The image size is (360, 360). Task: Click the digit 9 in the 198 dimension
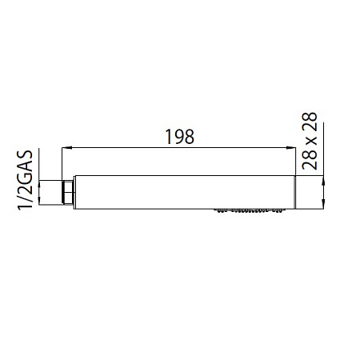point(179,137)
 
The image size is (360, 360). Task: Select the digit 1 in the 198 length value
point(169,137)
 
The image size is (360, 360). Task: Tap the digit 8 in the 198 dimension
point(190,137)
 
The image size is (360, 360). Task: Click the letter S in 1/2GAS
point(25,155)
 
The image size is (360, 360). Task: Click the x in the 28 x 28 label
point(310,141)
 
